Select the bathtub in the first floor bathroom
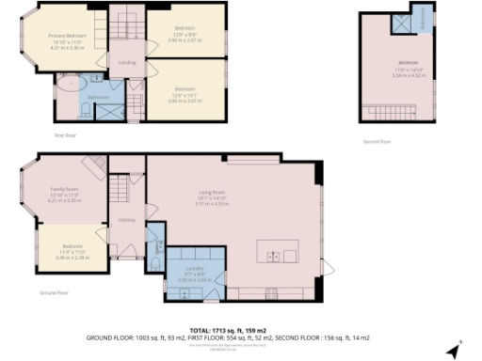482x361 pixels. point(68,84)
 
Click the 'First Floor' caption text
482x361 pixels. point(65,135)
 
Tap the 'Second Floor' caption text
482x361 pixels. point(377,141)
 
